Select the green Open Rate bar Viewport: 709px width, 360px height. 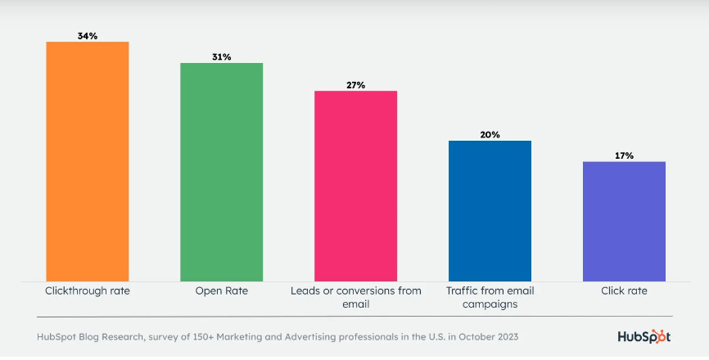[221, 172]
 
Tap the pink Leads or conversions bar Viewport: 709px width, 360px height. [356, 186]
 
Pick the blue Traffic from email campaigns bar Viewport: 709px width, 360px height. [490, 211]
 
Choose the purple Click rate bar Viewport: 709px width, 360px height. [624, 222]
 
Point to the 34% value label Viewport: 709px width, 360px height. [88, 35]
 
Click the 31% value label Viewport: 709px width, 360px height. [221, 56]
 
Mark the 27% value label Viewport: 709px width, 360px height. [356, 84]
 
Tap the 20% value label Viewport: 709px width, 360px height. [490, 134]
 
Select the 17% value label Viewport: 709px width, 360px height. [624, 155]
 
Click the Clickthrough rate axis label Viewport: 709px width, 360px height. [88, 290]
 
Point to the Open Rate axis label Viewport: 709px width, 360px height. [221, 290]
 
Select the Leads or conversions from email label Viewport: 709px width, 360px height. [356, 297]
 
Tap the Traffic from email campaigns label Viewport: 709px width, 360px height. [490, 297]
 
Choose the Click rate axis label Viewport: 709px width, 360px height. [624, 290]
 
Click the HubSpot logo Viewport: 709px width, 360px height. [644, 336]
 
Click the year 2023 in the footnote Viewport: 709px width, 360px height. [504, 336]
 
